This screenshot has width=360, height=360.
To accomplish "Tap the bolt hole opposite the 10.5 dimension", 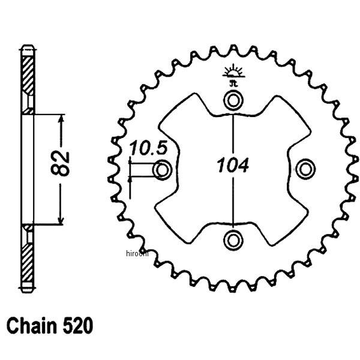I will (305, 169).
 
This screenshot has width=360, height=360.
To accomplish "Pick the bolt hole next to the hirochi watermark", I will (232, 240).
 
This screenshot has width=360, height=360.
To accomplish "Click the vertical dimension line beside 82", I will (60, 198).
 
